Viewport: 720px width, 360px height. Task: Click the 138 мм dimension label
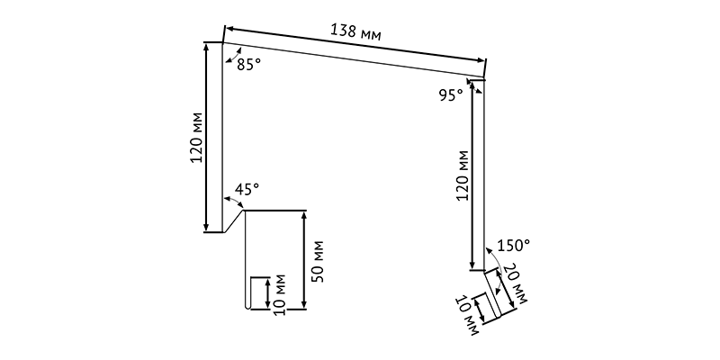click(355, 32)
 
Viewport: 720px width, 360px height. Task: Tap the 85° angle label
click(249, 65)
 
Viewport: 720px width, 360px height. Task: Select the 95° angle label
click(451, 95)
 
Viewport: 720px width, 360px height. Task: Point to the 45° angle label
click(247, 189)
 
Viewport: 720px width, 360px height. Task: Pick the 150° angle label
click(514, 246)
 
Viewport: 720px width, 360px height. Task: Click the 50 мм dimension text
click(318, 261)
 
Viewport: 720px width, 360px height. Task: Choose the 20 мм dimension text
click(515, 283)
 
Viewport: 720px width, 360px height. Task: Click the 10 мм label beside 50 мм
click(279, 295)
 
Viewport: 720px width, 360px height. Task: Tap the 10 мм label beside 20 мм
click(467, 316)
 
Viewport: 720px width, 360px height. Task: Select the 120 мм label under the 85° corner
click(196, 138)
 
